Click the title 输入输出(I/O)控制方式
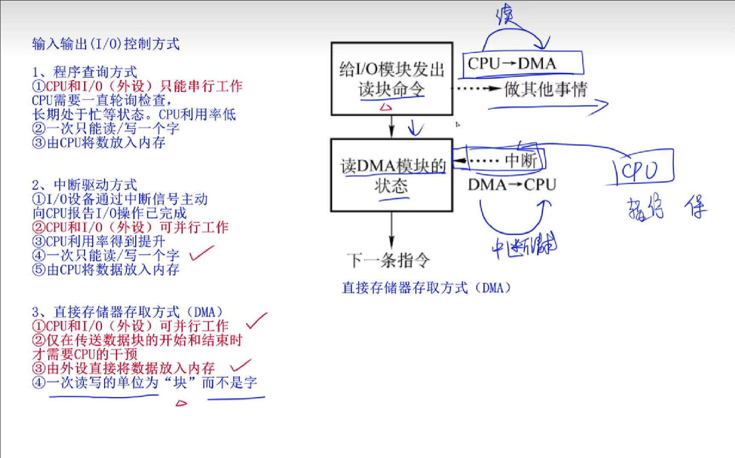(x=106, y=44)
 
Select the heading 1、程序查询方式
(x=85, y=72)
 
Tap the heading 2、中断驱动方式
(x=85, y=185)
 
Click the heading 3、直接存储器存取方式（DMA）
(x=127, y=312)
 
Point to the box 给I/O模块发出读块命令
(x=392, y=79)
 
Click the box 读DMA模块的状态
(x=392, y=175)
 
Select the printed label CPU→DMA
(x=512, y=64)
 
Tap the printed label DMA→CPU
(x=512, y=185)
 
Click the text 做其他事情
(x=546, y=89)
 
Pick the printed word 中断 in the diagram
(x=521, y=160)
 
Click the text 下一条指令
(x=388, y=260)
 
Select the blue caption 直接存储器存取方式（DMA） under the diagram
(x=426, y=288)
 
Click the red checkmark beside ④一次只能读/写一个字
(x=202, y=253)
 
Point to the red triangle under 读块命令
(x=386, y=107)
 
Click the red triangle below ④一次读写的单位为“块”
(x=181, y=403)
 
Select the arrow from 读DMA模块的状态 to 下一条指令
(x=392, y=230)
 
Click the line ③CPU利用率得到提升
(x=99, y=241)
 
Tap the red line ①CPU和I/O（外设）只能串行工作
(x=137, y=86)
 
